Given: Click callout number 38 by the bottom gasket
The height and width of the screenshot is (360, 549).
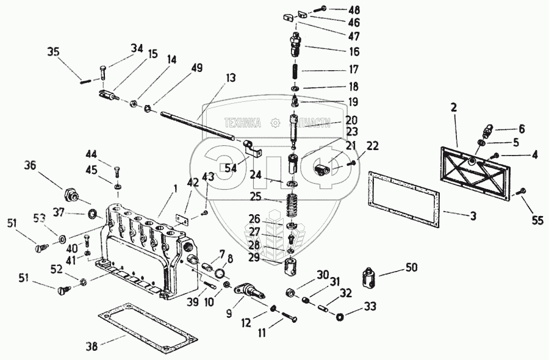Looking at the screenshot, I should pos(91,346).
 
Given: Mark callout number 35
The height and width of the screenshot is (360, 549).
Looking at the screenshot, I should pos(54,52).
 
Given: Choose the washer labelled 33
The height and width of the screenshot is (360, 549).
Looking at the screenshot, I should pos(339,316).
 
